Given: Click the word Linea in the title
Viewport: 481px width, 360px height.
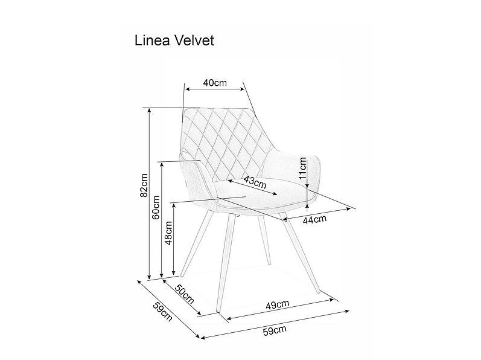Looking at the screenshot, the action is tap(153, 40).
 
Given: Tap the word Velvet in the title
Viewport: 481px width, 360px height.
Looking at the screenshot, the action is tap(194, 40).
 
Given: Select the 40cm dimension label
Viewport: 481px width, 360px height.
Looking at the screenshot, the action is tap(215, 83).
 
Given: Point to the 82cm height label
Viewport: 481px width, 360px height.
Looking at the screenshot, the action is tap(144, 185).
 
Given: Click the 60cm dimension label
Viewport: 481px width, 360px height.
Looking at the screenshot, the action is tap(156, 207).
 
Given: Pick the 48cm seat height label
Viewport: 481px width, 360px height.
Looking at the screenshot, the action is tap(168, 233).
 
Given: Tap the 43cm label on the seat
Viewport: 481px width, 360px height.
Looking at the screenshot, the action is tap(255, 182).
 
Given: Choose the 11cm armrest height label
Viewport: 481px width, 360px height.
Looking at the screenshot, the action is tap(302, 168).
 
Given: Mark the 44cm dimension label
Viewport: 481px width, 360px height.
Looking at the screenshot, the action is tap(314, 219).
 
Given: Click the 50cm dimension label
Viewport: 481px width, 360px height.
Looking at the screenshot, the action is tap(185, 294).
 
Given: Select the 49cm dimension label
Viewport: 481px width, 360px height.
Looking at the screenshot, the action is tap(277, 304).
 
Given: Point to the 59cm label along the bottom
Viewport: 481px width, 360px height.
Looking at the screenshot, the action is tap(275, 330).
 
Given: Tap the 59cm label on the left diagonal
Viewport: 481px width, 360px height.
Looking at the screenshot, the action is tap(162, 312).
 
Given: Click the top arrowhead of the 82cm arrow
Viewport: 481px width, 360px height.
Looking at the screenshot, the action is tap(149, 109).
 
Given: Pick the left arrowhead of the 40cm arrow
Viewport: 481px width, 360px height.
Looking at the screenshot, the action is tap(188, 89).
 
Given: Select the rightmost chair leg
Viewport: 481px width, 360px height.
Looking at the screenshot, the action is tap(301, 252).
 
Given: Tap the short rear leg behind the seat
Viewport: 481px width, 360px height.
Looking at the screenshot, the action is tap(264, 240).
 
